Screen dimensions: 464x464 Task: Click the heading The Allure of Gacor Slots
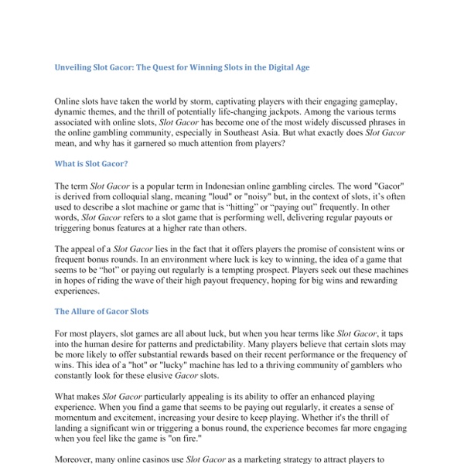(101, 311)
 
